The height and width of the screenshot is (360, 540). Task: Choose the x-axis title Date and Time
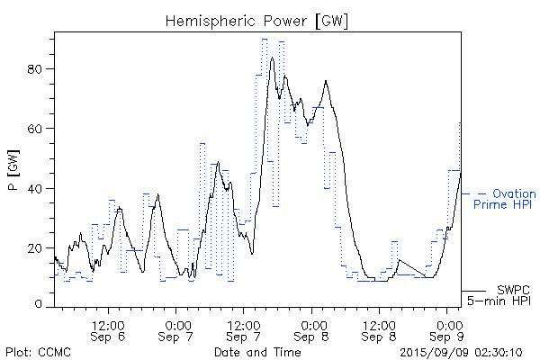pyautogui.click(x=256, y=351)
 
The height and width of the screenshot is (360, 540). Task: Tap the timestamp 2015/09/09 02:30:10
pyautogui.click(x=461, y=351)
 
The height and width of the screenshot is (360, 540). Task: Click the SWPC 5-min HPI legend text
pyautogui.click(x=505, y=295)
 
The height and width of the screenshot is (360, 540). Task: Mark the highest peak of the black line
pyautogui.click(x=272, y=58)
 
